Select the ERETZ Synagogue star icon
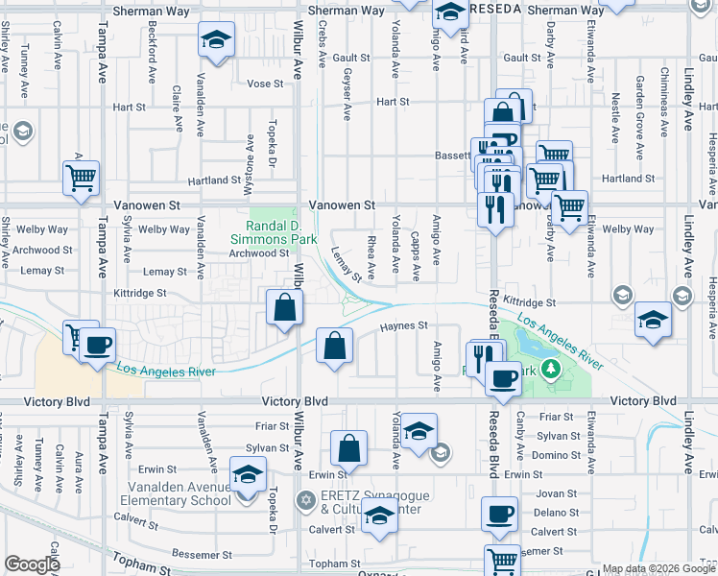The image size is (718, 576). click(305, 500)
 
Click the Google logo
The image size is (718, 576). click(32, 564)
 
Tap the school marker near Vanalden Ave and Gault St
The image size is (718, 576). click(216, 41)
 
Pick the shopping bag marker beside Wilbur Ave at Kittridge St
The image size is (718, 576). click(285, 308)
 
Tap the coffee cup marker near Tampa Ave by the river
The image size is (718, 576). click(97, 346)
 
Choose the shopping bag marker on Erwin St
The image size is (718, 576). click(349, 447)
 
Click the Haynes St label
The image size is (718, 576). click(403, 325)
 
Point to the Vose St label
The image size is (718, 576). click(265, 84)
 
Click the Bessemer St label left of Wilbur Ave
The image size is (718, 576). click(201, 554)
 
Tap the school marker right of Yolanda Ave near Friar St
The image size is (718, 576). click(419, 431)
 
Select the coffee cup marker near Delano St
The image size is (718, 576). click(499, 515)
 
